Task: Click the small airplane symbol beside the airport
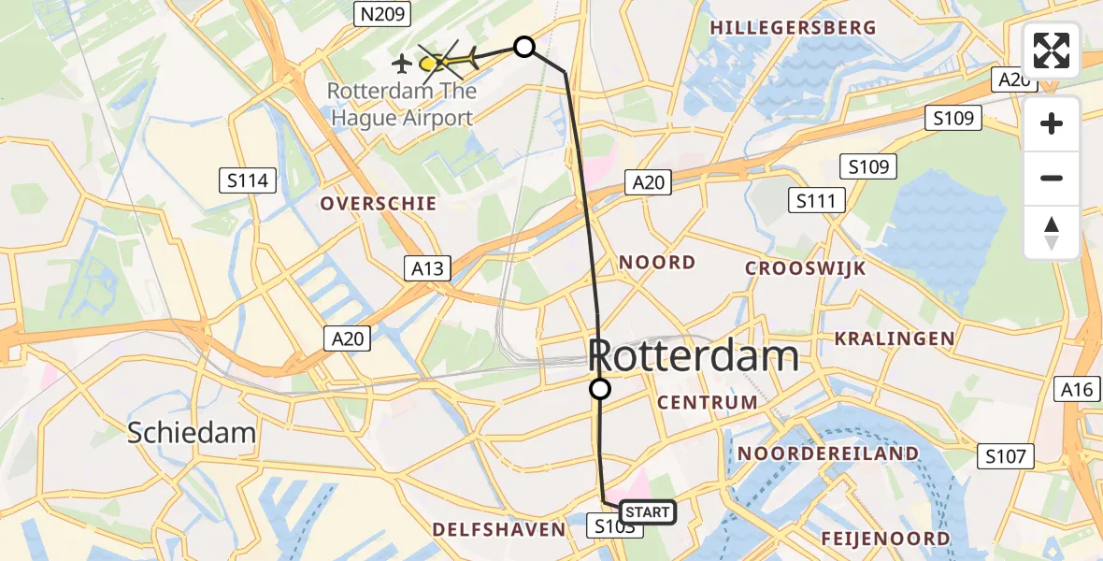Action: [402, 64]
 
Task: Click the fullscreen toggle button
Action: [1052, 50]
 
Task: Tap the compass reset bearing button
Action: [1052, 233]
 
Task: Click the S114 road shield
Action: [248, 180]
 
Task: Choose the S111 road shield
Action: [816, 200]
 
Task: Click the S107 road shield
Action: [1006, 456]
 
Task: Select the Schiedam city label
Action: [192, 433]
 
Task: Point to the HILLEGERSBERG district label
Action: [793, 28]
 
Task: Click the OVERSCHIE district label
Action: [378, 203]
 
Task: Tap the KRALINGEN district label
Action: [895, 338]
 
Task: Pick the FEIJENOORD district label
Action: [885, 539]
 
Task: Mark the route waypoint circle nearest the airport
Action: [524, 47]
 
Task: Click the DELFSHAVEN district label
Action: [498, 530]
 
